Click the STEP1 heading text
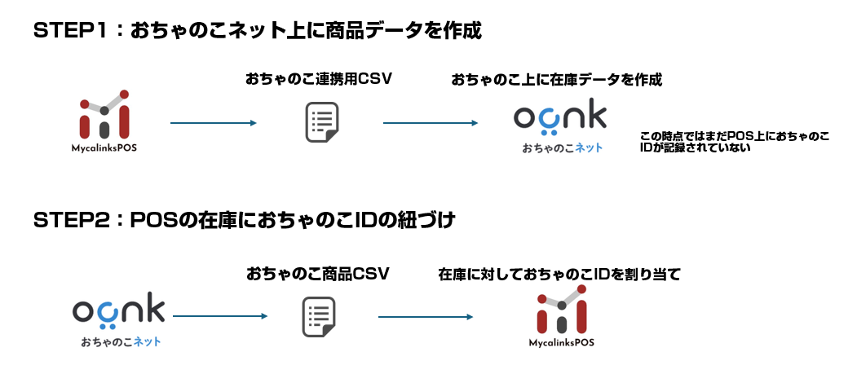click(258, 31)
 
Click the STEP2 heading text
click(244, 221)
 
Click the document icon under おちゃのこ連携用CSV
click(321, 123)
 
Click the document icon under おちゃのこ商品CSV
click(320, 317)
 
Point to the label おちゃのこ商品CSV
click(318, 274)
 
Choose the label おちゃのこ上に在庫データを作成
click(556, 79)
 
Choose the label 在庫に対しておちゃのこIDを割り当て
click(559, 275)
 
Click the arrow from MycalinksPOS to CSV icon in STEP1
click(213, 123)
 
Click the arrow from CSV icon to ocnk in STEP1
click(430, 123)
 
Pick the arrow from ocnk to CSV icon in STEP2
click(220, 316)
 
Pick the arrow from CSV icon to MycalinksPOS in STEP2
click(426, 316)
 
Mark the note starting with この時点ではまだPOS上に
click(734, 141)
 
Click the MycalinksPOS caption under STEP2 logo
click(560, 343)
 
